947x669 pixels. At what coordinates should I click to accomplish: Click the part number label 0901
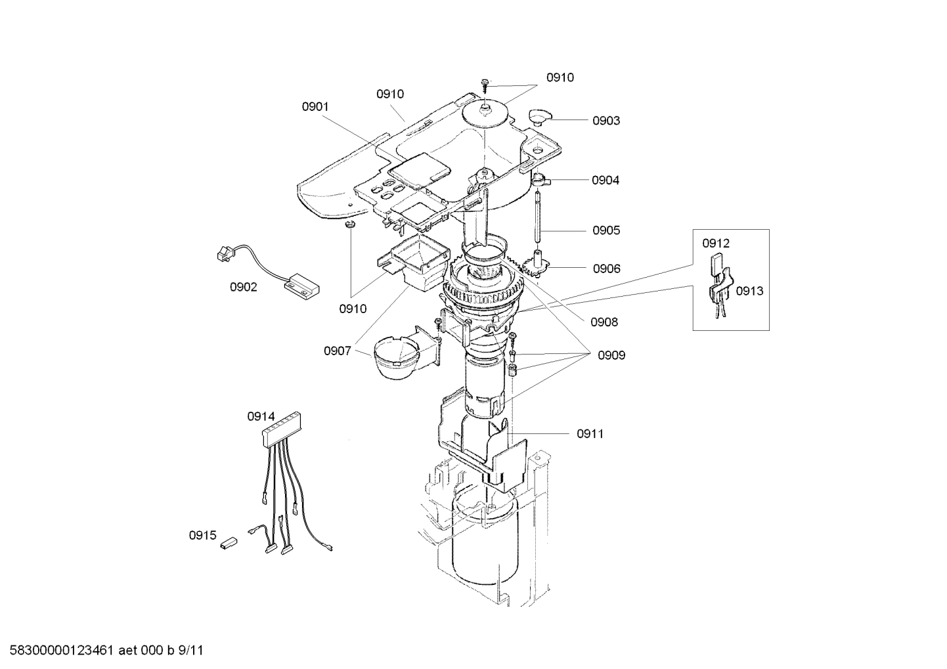pos(315,106)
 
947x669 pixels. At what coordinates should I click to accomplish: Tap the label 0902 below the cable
pos(244,287)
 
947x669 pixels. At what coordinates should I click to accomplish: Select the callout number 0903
pos(606,121)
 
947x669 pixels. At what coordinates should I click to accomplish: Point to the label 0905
pos(606,230)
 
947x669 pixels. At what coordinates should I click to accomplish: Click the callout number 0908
pos(604,322)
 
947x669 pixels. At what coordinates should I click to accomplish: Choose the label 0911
pos(590,433)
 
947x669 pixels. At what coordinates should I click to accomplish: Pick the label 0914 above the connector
pos(261,416)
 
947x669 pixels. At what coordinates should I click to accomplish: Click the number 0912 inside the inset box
pos(715,244)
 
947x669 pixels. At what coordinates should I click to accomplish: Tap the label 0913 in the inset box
pos(749,291)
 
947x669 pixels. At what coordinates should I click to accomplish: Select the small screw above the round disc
pos(485,83)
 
